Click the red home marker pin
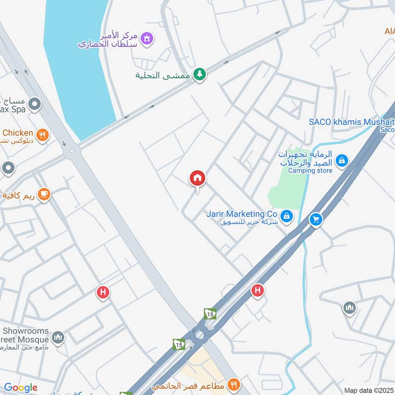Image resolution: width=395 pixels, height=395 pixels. pyautogui.click(x=197, y=178)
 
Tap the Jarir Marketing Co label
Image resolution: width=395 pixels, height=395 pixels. pyautogui.click(x=241, y=214)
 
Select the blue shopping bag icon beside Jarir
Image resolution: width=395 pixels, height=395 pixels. pyautogui.click(x=286, y=216)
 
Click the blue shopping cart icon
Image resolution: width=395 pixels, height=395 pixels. pyautogui.click(x=316, y=220)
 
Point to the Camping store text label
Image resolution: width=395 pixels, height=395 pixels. pyautogui.click(x=310, y=171)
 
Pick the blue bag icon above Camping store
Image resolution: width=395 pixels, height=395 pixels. pyautogui.click(x=341, y=160)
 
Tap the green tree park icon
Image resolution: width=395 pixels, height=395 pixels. pyautogui.click(x=199, y=74)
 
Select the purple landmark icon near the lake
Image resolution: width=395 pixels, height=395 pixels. pyautogui.click(x=146, y=38)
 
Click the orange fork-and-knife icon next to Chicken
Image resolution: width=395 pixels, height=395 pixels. pyautogui.click(x=43, y=134)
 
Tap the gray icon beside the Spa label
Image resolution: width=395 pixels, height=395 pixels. pyautogui.click(x=35, y=104)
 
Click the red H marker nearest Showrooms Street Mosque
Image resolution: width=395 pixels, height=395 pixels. pyautogui.click(x=103, y=293)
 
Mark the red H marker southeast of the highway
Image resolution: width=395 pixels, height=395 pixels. pyautogui.click(x=257, y=290)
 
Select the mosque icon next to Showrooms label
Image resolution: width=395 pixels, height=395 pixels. pyautogui.click(x=58, y=338)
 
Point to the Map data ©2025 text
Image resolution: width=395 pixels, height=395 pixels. pyautogui.click(x=368, y=390)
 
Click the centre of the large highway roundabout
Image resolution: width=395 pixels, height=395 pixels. pyautogui.click(x=199, y=335)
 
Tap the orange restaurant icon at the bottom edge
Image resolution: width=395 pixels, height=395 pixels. pyautogui.click(x=234, y=384)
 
